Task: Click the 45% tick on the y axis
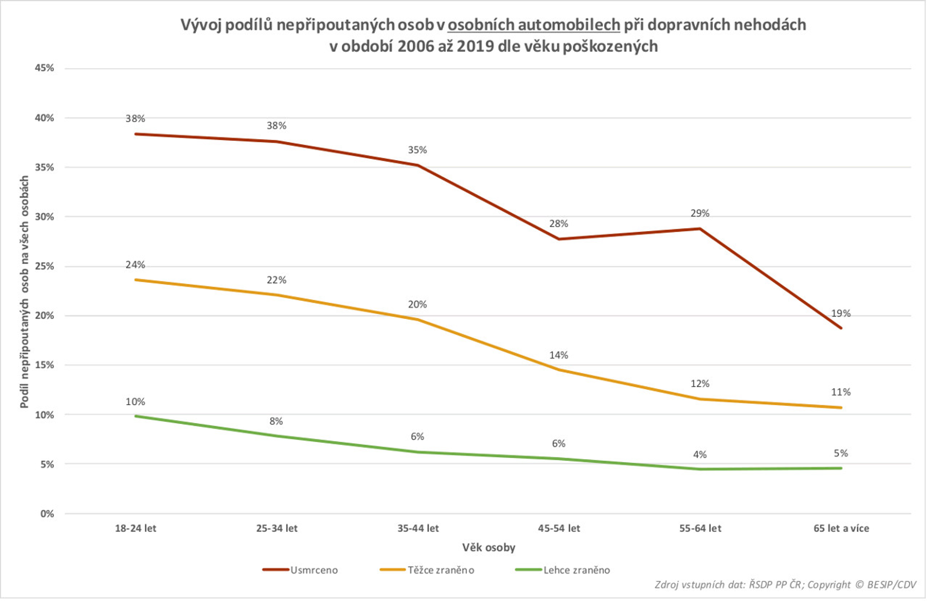[44, 68]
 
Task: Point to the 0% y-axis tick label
[47, 514]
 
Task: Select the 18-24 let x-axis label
[135, 528]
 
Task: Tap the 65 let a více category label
[841, 528]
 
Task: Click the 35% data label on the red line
[417, 150]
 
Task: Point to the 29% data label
[699, 214]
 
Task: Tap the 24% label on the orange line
[135, 265]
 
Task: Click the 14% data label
[559, 355]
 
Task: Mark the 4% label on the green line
[699, 455]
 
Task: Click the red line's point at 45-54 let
[559, 239]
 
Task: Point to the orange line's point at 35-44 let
[418, 320]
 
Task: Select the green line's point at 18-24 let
[136, 416]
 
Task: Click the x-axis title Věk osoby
[489, 548]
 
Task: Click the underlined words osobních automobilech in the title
[534, 25]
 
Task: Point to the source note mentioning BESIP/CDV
[785, 585]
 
